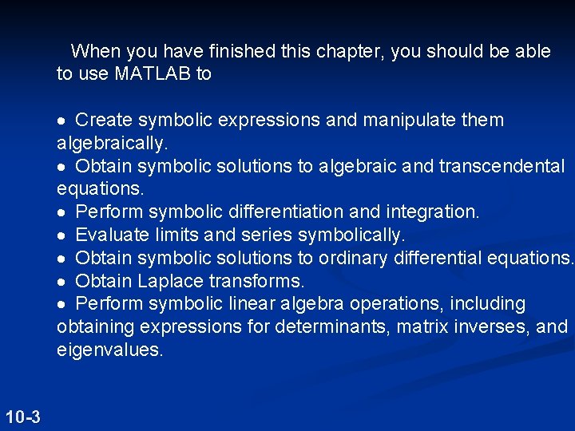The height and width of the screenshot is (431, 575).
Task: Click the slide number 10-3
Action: point(22,417)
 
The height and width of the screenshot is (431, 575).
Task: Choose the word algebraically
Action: point(112,144)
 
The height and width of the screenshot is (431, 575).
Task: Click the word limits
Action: point(176,235)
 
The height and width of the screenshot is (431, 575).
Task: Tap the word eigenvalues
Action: point(109,350)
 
